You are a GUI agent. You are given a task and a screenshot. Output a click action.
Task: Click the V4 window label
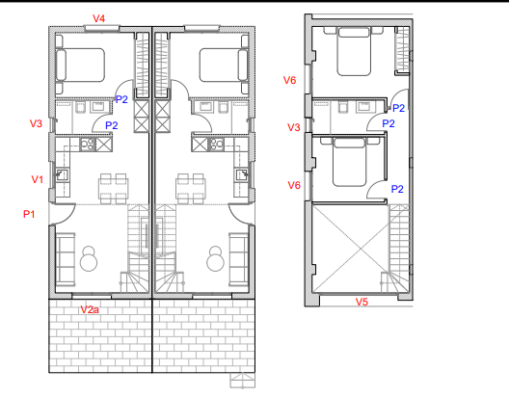point(99,18)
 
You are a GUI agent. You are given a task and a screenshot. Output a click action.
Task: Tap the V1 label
point(38,179)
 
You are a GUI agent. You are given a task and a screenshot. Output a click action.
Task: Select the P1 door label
point(29,214)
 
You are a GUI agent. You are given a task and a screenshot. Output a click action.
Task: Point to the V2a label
point(90,309)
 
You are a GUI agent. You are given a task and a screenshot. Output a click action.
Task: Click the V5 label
point(362,302)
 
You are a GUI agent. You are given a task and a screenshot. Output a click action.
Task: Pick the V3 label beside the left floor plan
point(36,123)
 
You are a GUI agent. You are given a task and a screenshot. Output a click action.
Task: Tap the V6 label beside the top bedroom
point(290,80)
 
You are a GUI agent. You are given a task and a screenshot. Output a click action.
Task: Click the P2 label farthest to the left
point(112,125)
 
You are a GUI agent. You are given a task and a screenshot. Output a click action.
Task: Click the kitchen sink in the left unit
point(62,174)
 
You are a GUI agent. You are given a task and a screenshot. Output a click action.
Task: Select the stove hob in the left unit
point(88,144)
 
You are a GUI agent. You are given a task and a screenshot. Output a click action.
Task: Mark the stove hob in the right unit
point(216,144)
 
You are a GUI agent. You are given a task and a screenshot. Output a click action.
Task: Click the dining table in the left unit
point(114,189)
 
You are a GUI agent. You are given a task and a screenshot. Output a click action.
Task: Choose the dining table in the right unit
point(190,189)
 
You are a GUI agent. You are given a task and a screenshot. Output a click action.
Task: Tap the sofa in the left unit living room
point(66,259)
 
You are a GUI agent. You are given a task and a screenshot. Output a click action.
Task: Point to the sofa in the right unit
point(239,259)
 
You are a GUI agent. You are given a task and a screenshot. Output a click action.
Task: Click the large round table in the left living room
point(89,262)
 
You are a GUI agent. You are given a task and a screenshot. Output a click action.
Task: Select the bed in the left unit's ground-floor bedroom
point(80,65)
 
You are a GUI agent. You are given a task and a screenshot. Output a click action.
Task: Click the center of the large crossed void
point(361,249)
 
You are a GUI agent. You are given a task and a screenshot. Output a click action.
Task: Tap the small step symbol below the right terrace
point(243,381)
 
